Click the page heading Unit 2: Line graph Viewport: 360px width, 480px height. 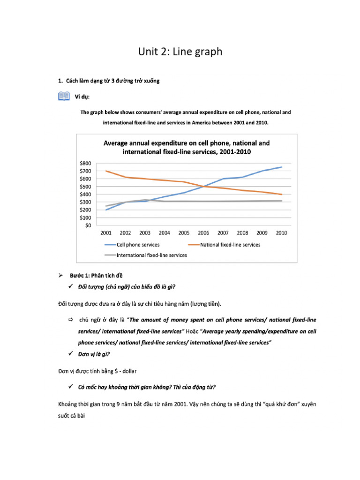[180, 52]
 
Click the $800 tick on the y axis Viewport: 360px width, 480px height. [86, 163]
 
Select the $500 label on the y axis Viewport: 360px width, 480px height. [86, 187]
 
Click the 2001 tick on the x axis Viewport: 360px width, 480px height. [105, 232]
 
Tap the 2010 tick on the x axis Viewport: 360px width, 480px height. [281, 232]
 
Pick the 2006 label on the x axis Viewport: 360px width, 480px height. [203, 232]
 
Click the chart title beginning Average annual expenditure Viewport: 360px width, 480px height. [186, 147]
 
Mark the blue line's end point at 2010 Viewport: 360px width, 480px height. [282, 167]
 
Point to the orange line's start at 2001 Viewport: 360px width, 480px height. [105, 171]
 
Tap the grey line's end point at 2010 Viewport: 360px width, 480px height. [282, 201]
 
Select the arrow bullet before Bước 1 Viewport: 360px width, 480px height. [60, 275]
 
